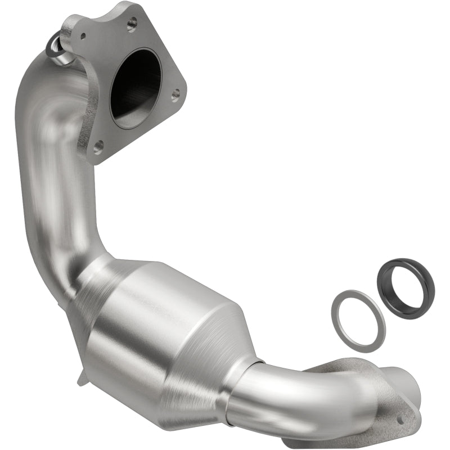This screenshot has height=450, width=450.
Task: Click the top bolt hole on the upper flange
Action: (132, 23)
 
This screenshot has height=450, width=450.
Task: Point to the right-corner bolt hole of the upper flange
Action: (175, 94)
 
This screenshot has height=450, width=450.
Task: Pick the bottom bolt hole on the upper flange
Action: (97, 148)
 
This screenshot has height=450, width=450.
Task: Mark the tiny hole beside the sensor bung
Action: (83, 35)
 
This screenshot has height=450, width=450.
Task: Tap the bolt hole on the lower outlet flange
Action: (400, 419)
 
